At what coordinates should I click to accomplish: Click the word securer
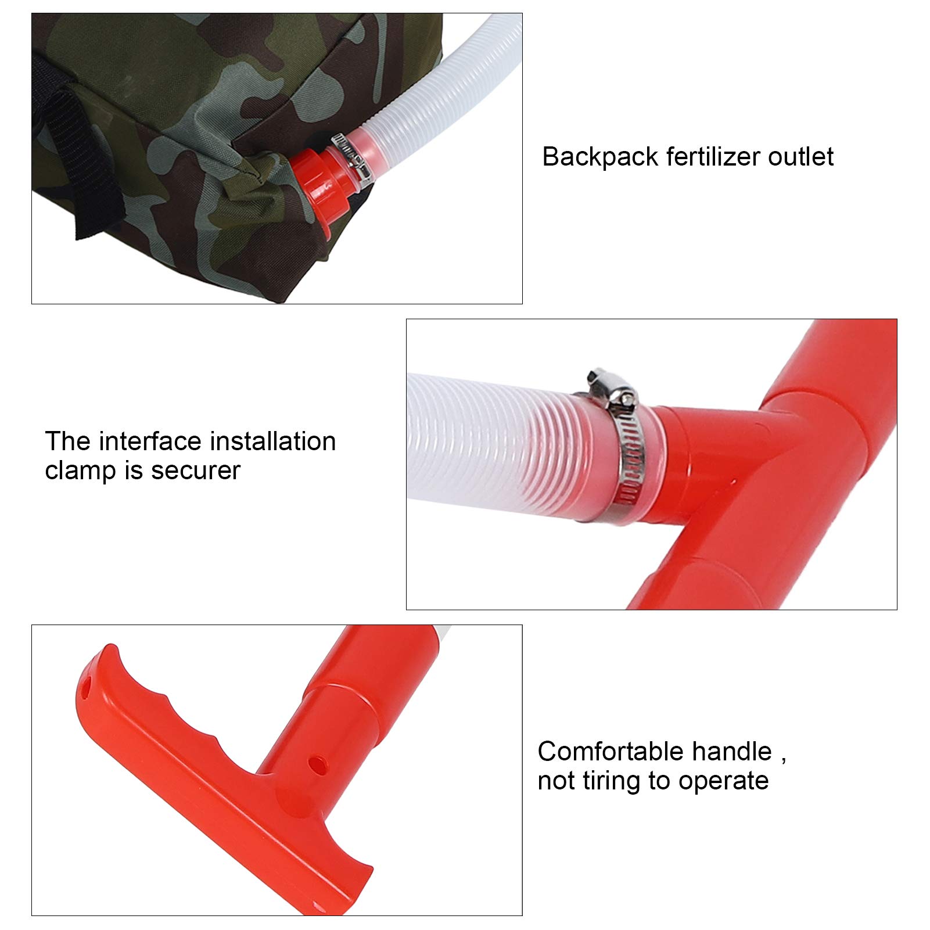click(196, 471)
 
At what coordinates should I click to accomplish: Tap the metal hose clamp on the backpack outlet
click(351, 156)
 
